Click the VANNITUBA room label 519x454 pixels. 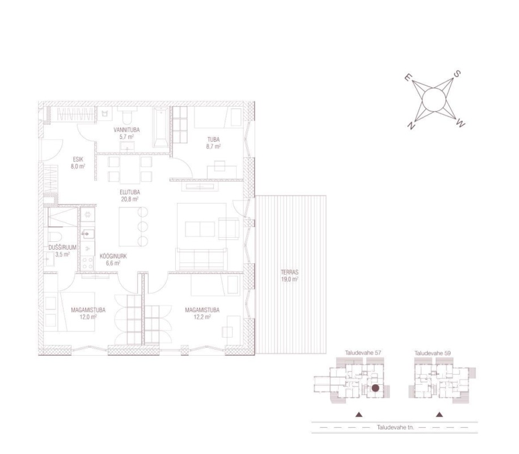(126, 130)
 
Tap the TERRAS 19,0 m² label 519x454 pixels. (290, 275)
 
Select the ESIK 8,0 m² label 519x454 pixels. (78, 163)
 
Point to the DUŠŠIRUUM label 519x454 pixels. (62, 247)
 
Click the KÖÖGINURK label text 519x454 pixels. (113, 257)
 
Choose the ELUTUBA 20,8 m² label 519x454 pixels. (130, 195)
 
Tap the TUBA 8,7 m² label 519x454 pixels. (213, 143)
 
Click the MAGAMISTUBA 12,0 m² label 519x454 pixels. (88, 313)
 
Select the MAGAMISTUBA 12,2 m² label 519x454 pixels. (202, 313)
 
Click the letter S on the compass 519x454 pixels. (457, 74)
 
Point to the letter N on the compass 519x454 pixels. (411, 126)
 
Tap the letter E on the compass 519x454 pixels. (408, 78)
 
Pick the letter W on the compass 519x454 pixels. (461, 124)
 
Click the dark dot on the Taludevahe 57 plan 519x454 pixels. (375, 388)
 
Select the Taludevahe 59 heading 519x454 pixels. (433, 353)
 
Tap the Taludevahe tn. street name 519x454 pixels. (395, 427)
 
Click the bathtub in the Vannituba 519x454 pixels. (161, 127)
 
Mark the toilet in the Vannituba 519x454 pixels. (127, 114)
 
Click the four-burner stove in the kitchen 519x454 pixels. (87, 263)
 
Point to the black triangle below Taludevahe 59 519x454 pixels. (439, 415)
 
